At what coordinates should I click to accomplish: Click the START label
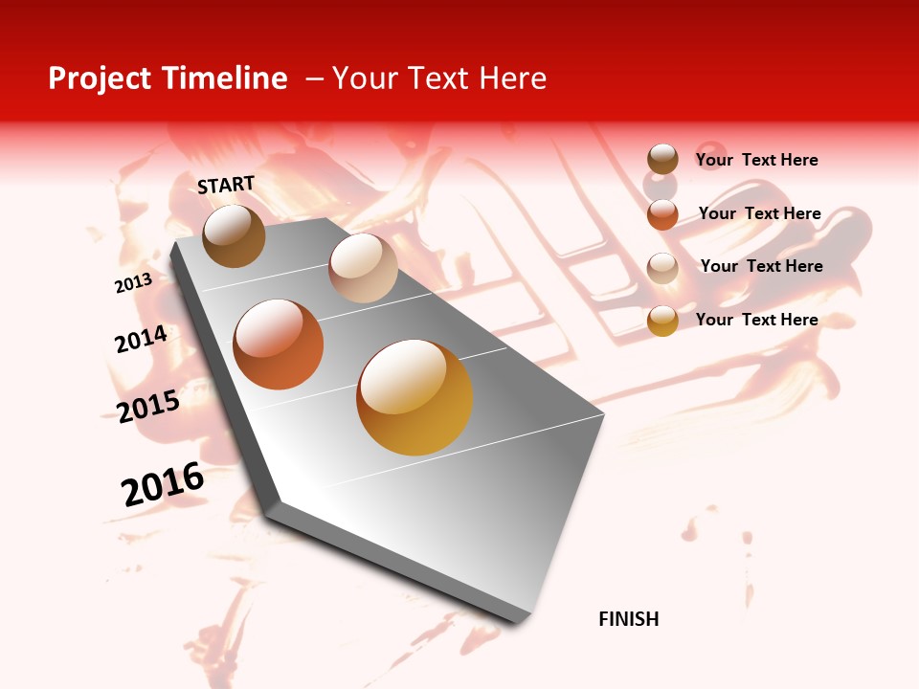click(x=226, y=185)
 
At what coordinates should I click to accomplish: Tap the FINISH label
click(x=628, y=619)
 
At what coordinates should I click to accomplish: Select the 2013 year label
click(x=133, y=283)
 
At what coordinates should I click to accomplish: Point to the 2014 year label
click(x=141, y=340)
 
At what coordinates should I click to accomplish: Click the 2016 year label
click(x=163, y=484)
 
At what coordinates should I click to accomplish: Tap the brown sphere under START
click(x=234, y=235)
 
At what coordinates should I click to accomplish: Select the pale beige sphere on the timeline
click(x=363, y=268)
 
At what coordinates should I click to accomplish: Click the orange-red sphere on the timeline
click(x=279, y=344)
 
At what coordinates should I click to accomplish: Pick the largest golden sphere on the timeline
click(x=415, y=397)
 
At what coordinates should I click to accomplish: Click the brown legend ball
click(x=662, y=160)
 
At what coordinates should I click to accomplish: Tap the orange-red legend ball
click(x=662, y=214)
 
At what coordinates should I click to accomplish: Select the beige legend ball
click(x=662, y=267)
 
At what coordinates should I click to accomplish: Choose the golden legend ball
click(x=662, y=321)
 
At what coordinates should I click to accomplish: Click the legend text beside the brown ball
click(x=756, y=160)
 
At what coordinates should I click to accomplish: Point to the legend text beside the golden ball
click(x=756, y=320)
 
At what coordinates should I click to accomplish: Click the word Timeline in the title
click(x=225, y=78)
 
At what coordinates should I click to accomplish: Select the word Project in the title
click(x=99, y=78)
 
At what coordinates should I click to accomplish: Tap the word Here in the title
click(x=511, y=78)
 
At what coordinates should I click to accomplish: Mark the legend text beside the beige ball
click(x=761, y=266)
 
